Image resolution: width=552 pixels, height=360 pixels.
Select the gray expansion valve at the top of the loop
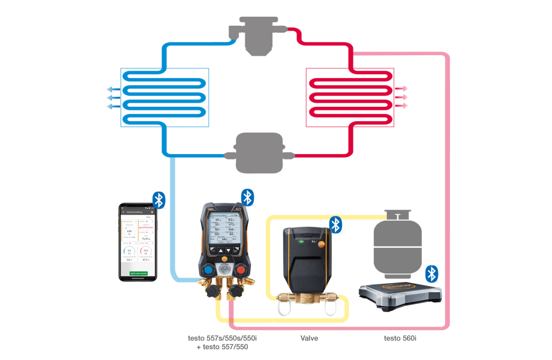[258, 37]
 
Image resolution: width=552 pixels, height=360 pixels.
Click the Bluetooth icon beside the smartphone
[158, 200]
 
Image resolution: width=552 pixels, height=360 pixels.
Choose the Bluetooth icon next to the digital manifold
[248, 197]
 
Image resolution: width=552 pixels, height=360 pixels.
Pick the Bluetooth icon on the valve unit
[336, 225]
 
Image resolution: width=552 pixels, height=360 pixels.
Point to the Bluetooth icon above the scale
[431, 274]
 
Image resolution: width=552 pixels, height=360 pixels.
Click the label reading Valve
[310, 338]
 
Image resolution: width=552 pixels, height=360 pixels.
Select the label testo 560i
[400, 338]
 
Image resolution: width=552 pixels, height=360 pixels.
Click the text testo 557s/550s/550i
[218, 338]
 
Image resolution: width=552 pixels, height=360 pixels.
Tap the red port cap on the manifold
[241, 269]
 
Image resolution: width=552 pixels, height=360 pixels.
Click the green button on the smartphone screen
[137, 272]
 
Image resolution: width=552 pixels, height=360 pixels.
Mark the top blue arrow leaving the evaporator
[112, 89]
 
